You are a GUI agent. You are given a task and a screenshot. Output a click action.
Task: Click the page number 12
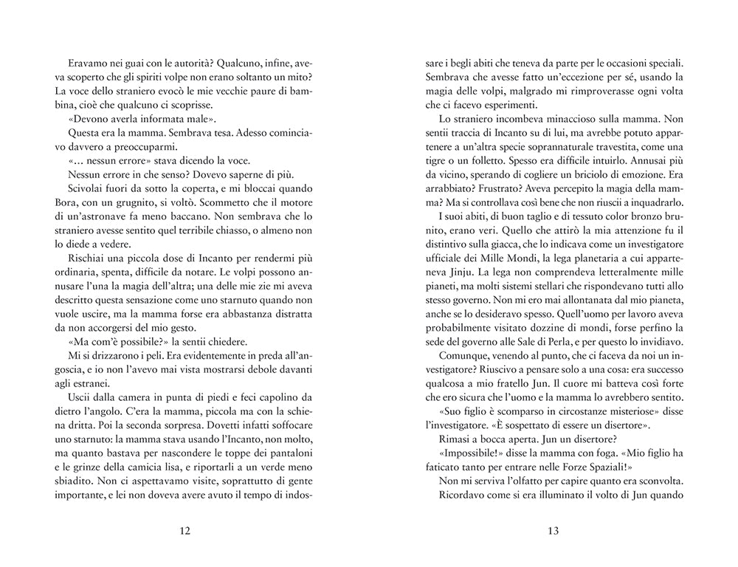tap(184, 530)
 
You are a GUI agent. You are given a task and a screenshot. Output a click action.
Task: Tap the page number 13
tap(553, 530)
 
